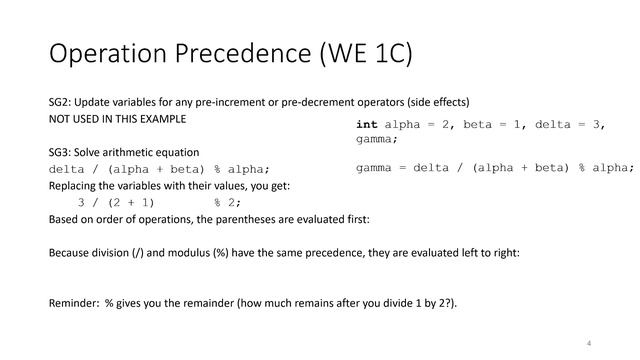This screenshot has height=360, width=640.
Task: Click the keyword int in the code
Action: point(368,124)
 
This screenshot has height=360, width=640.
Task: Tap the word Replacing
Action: point(75,185)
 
